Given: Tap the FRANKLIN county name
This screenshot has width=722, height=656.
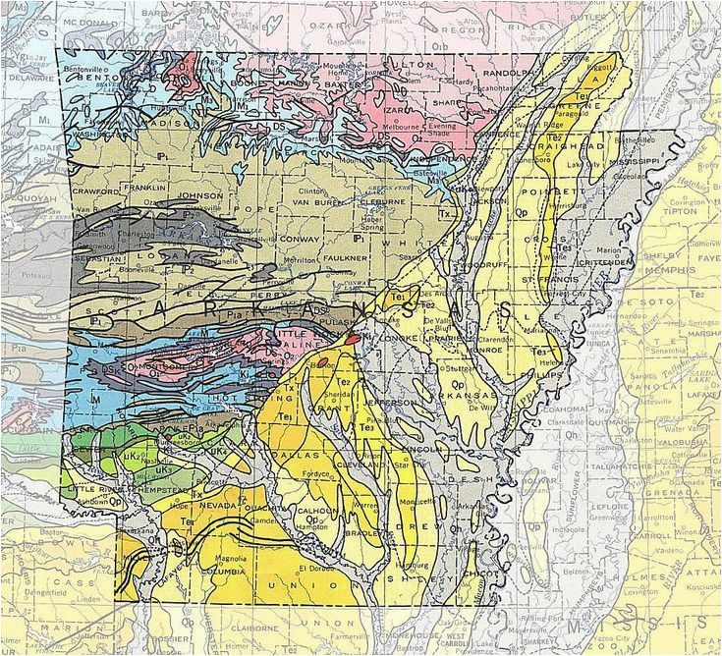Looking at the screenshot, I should click(145, 186).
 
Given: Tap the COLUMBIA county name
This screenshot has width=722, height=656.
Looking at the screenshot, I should click(223, 570).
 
